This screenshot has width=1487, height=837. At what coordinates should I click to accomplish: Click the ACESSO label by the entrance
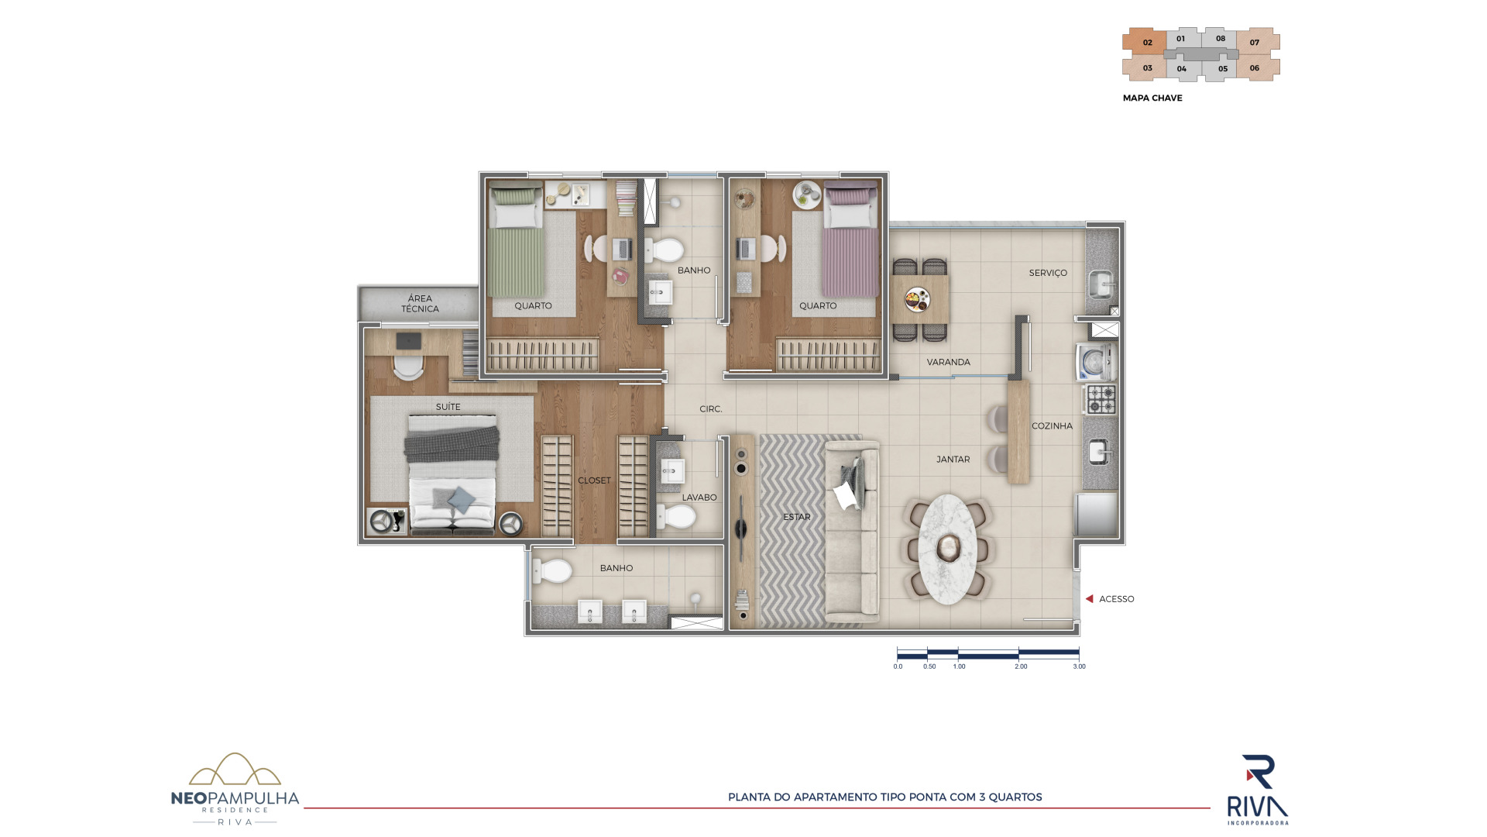coord(1116,599)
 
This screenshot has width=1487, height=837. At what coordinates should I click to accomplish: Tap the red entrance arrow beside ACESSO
coord(1089,599)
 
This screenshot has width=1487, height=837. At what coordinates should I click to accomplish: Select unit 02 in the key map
coord(1146,42)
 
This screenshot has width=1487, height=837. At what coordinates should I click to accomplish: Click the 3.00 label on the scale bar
coord(1079,666)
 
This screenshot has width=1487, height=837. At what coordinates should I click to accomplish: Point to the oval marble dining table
coord(947,549)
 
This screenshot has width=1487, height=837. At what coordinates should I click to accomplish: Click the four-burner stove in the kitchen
coord(1100,399)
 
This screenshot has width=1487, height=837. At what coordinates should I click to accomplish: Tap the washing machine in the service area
coord(1095,362)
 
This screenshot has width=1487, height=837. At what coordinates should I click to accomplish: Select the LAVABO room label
coord(699,498)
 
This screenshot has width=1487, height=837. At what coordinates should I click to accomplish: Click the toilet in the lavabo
coord(675,517)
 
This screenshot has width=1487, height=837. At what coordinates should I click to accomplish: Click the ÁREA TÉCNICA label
coord(420,303)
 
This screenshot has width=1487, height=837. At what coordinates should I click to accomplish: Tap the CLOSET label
coord(594,480)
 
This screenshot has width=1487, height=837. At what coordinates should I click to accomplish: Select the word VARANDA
coord(948,362)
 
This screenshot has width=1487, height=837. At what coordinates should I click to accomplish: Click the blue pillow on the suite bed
coord(460,498)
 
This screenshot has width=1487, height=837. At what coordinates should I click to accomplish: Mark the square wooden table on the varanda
coord(919,299)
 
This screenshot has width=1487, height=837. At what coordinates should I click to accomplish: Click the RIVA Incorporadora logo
coord(1258,790)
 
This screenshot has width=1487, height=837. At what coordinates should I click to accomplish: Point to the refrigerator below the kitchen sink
coord(1097,515)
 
